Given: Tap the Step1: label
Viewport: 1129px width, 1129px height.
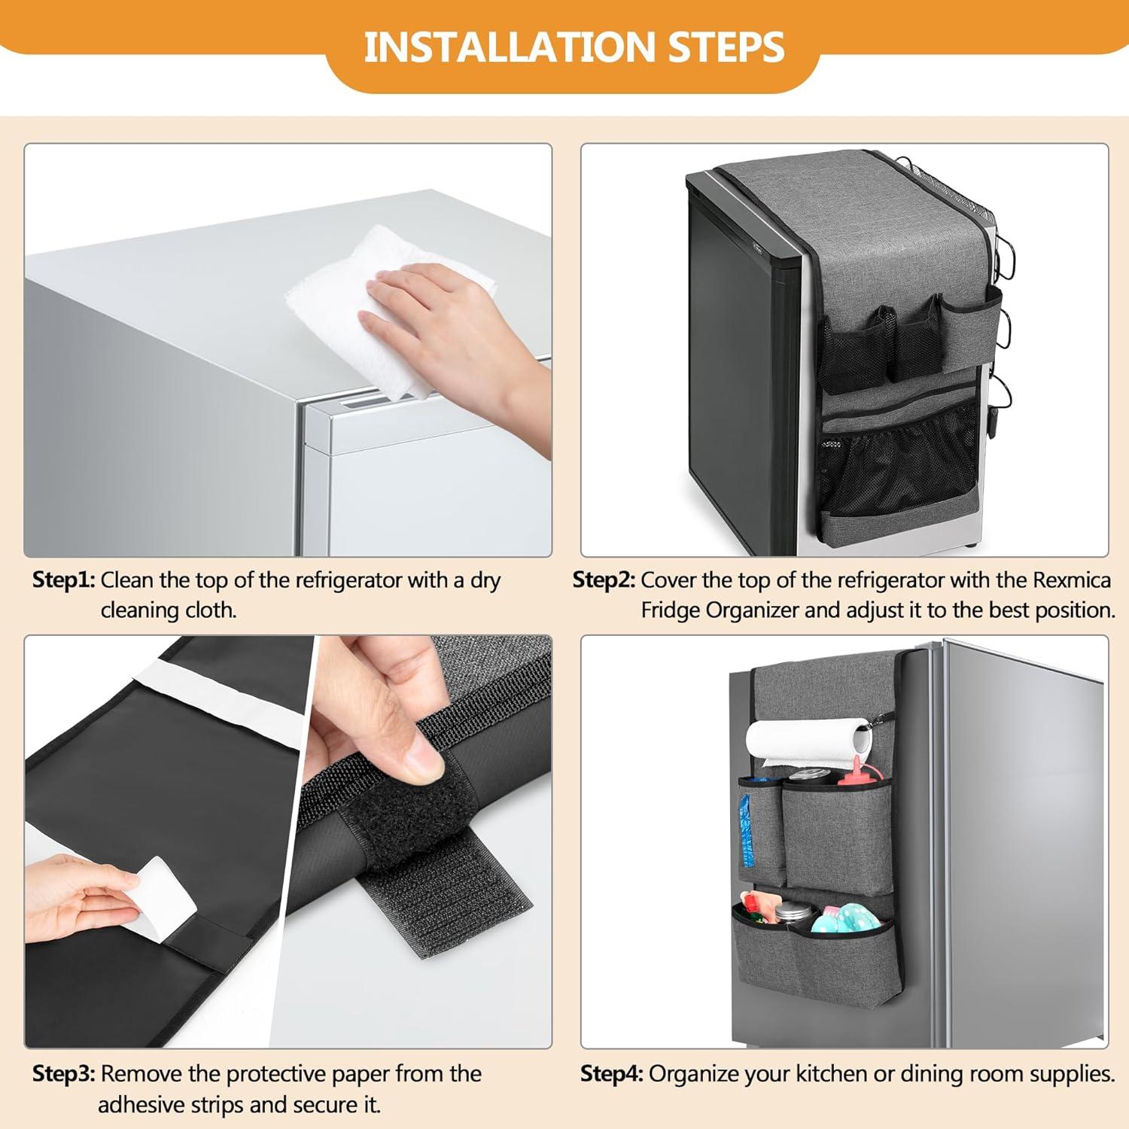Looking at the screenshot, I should [64, 580].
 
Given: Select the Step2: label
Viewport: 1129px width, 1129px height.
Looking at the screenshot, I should [604, 580].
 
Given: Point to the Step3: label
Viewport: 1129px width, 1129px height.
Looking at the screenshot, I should [64, 1073].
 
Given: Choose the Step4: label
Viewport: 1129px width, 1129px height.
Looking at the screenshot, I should [611, 1073].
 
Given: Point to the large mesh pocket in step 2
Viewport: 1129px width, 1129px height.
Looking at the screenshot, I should [896, 463].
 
